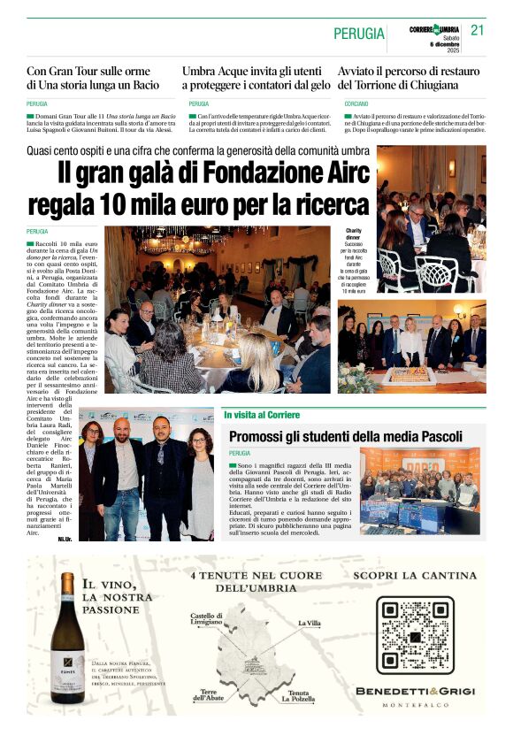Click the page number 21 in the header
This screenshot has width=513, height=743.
tap(479, 30)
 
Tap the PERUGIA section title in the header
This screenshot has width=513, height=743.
tap(359, 34)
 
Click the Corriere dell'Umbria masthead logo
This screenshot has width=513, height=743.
tap(435, 29)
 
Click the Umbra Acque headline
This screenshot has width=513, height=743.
tap(256, 78)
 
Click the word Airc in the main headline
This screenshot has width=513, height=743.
tap(332, 172)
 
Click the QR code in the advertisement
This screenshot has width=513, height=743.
tap(413, 634)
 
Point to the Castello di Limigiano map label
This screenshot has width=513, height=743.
tap(206, 619)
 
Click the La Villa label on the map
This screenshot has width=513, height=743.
tap(310, 624)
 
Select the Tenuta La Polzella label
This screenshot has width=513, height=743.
tap(297, 696)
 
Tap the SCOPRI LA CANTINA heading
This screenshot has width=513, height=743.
tap(413, 576)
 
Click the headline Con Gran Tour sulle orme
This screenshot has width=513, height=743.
tap(93, 78)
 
